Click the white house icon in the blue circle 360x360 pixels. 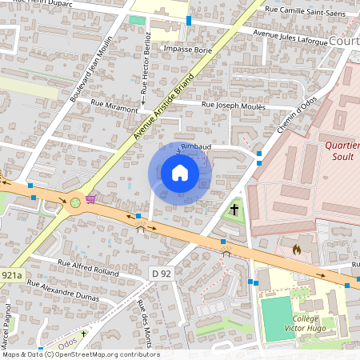[180, 173]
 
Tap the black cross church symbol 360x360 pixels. [235, 210]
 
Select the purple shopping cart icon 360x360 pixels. [92, 198]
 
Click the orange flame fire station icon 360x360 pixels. [296, 250]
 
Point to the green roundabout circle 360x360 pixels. [75, 202]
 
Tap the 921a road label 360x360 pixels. [11, 274]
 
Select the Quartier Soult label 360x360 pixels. [342, 151]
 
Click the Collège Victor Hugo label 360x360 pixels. [323, 322]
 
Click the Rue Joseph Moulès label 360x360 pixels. [235, 104]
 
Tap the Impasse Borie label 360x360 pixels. [187, 49]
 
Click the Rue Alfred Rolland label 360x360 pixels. [88, 267]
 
